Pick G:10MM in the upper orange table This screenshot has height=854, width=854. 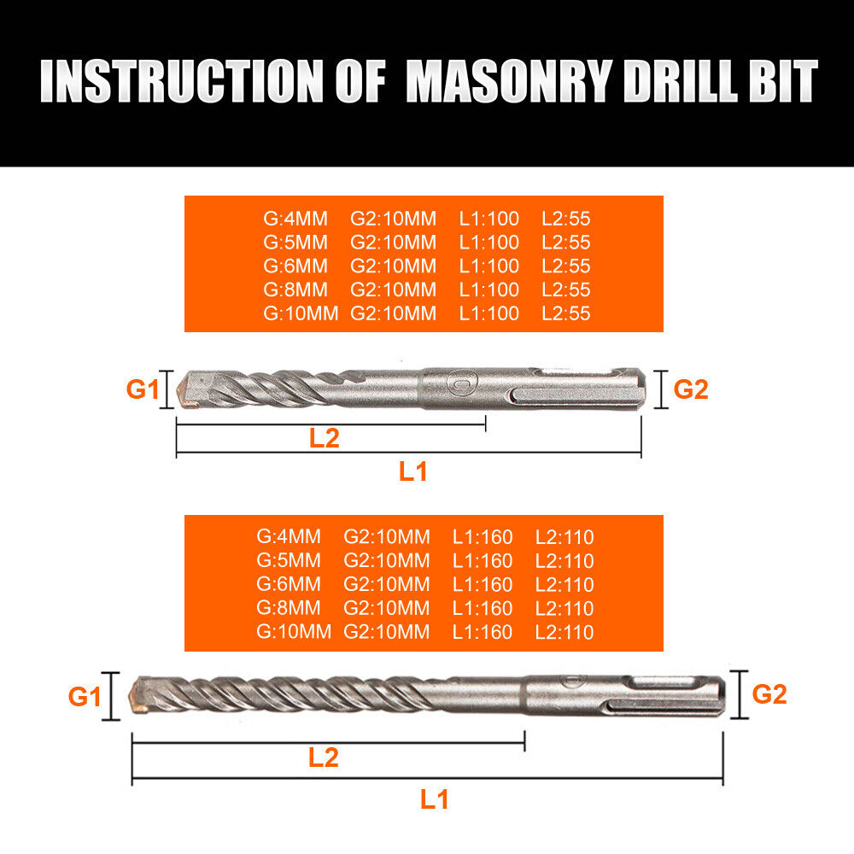point(301,313)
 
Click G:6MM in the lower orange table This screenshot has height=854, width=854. point(289,585)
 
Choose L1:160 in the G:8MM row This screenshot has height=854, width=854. point(483,609)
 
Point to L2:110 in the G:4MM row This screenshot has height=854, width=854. point(564,537)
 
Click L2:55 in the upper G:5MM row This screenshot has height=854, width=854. point(566,243)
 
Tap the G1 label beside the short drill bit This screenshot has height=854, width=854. point(143,390)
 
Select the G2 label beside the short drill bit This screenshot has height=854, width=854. point(691,389)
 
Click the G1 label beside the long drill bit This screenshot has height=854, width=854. point(85,697)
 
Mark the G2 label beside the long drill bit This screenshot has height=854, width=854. point(769,694)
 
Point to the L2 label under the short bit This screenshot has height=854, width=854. point(325,437)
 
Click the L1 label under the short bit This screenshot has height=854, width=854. point(413,471)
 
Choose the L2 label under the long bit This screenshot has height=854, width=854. point(324,757)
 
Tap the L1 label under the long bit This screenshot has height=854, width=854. point(434,798)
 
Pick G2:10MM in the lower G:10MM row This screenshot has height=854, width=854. point(387,633)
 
